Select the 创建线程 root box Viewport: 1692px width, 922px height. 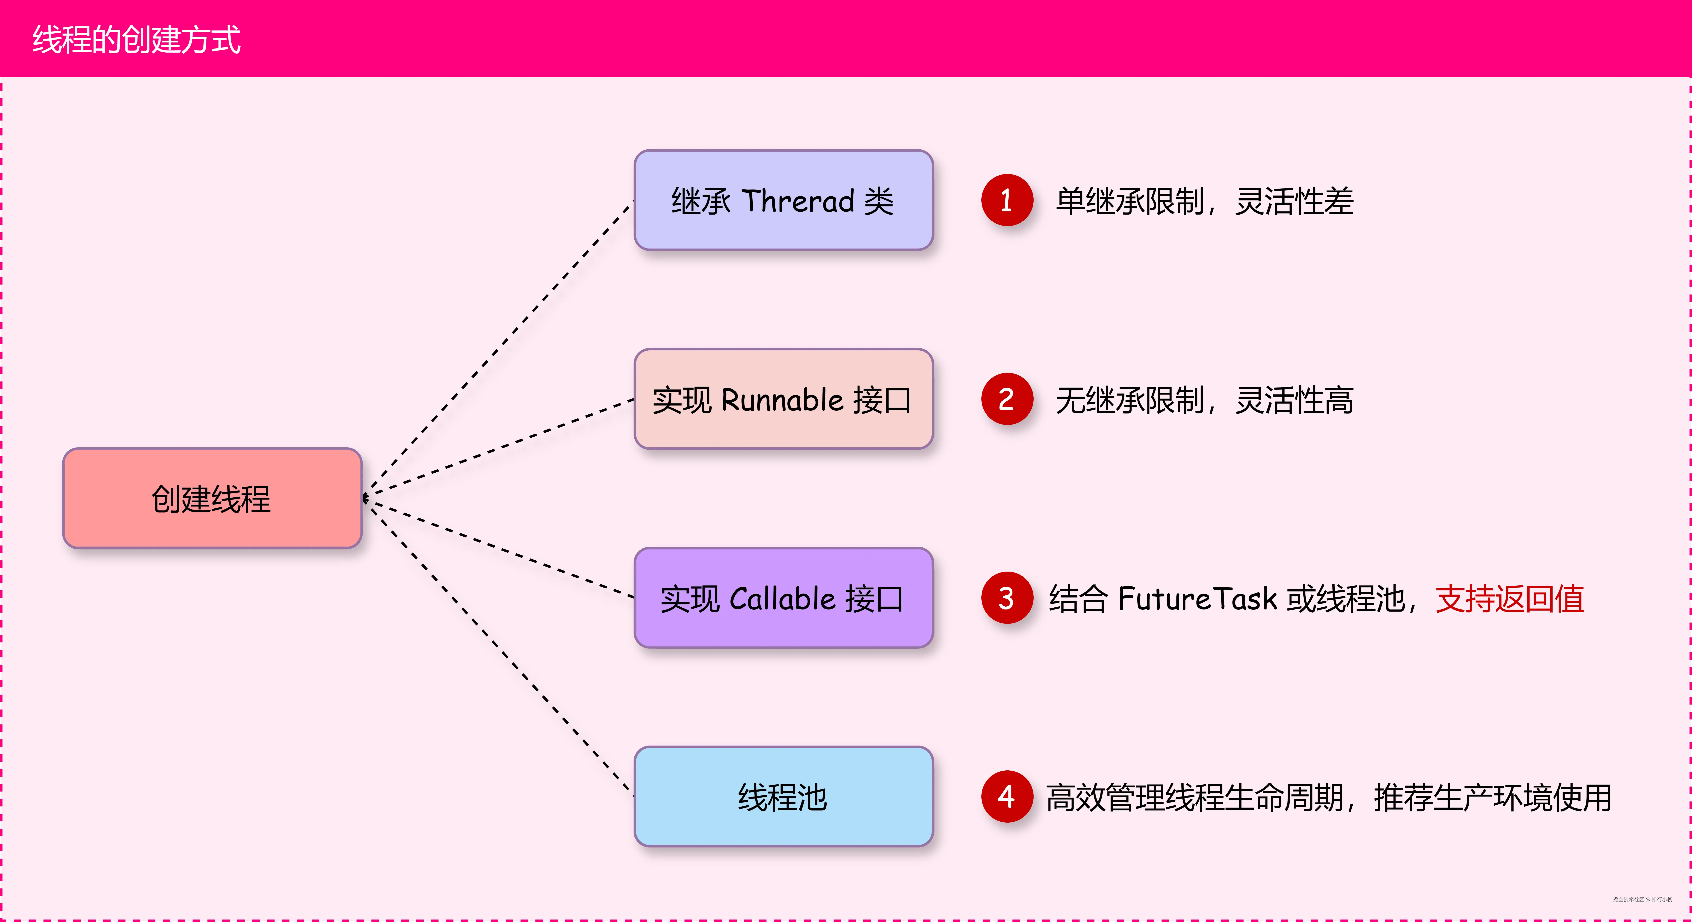click(212, 498)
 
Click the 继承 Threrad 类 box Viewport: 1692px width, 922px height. click(783, 200)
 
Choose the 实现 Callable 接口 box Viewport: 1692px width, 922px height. click(783, 598)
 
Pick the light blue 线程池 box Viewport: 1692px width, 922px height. click(783, 796)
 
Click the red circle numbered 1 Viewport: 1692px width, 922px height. click(1006, 200)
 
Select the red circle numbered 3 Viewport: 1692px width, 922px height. click(1006, 598)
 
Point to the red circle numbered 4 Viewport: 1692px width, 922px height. click(1006, 796)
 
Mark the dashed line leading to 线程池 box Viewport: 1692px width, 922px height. click(499, 647)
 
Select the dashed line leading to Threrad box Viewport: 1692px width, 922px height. click(499, 348)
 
